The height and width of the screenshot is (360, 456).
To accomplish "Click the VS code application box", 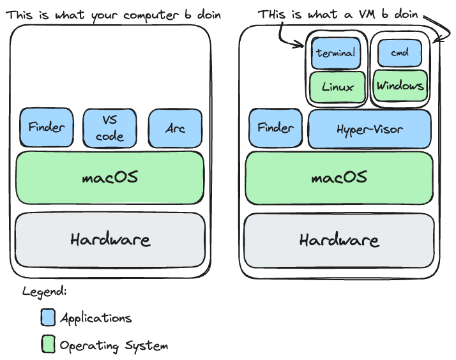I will click(110, 128).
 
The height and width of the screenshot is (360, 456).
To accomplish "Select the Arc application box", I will click(175, 128).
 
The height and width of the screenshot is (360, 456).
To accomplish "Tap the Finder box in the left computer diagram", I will click(46, 128).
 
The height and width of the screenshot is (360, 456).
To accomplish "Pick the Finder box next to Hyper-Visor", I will click(275, 128).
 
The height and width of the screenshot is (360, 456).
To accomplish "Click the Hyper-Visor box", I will click(369, 128).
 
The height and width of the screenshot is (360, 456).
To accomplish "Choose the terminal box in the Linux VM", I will click(336, 53).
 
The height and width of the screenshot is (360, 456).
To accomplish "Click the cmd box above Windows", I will click(400, 52).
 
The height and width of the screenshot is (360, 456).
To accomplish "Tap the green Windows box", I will click(400, 86).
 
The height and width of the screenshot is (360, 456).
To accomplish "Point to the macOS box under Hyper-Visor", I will click(339, 177).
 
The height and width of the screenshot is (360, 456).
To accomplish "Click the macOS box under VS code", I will click(110, 177).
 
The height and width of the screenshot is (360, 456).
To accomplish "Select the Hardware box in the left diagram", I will click(110, 240).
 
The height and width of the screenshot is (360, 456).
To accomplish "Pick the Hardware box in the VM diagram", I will click(339, 240).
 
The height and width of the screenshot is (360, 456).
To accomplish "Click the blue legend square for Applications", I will click(48, 317).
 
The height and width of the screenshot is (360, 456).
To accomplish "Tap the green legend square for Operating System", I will click(48, 345).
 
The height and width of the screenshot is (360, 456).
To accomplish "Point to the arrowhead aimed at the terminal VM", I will click(301, 45).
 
